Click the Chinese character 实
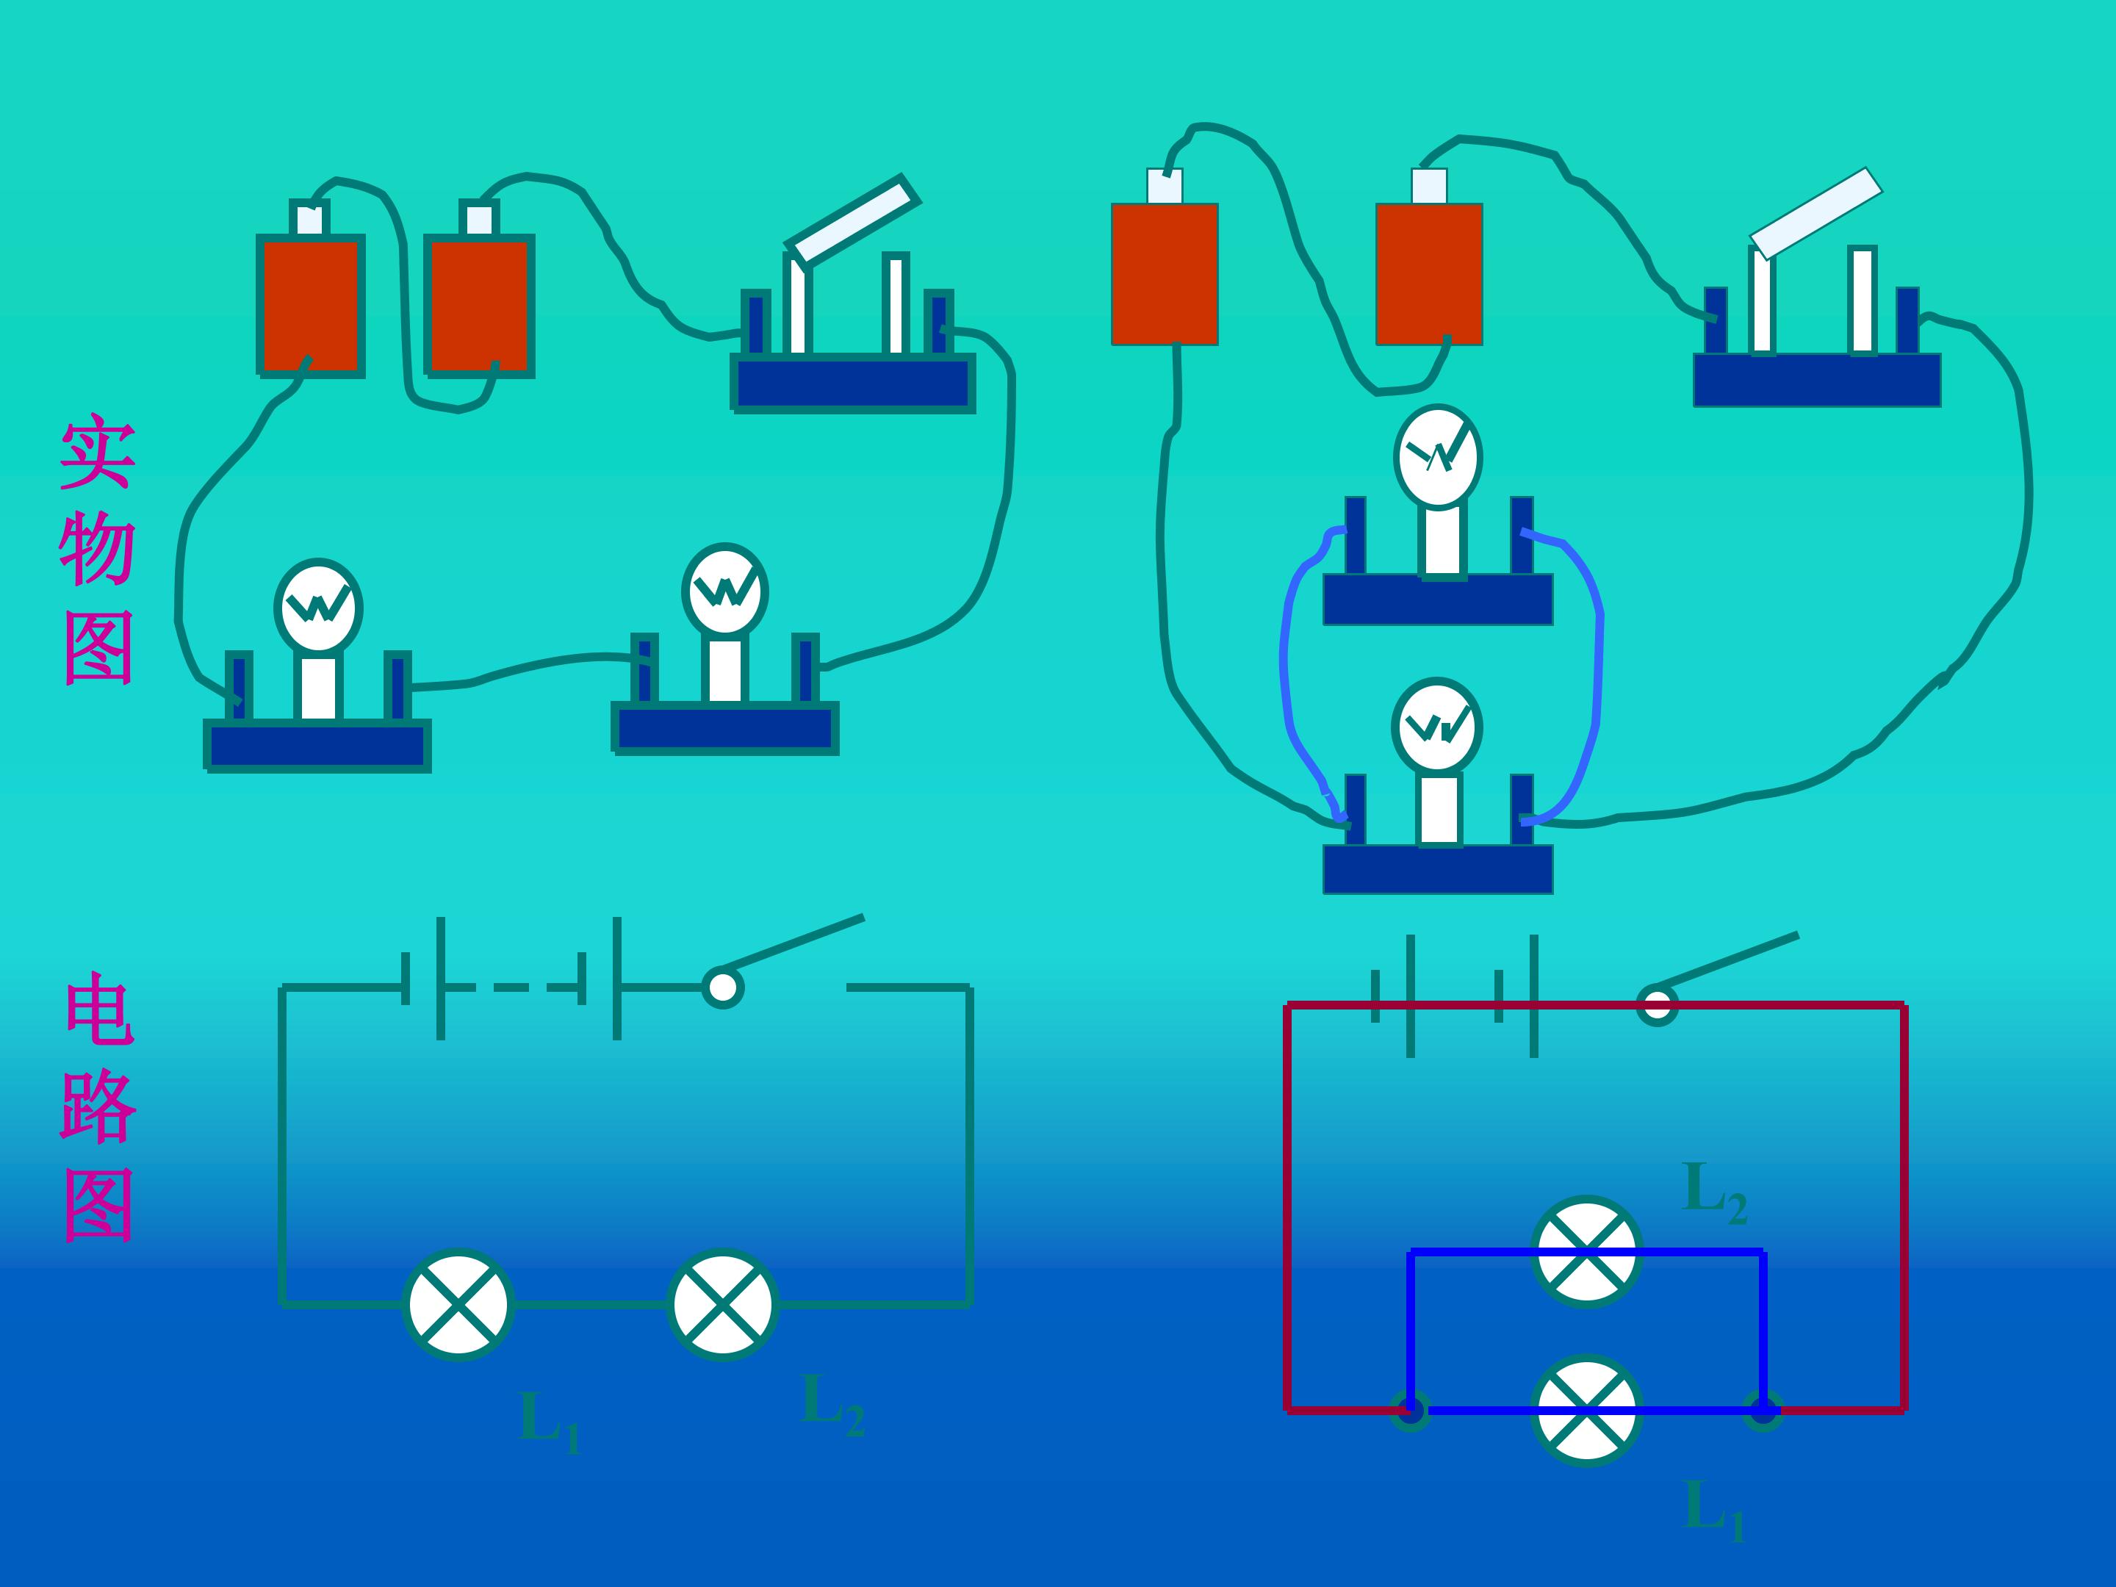coord(97,453)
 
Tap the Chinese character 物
coord(97,548)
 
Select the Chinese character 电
coord(98,1010)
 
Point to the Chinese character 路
coord(98,1106)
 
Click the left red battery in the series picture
coord(311,305)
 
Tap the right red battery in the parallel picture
coord(1429,273)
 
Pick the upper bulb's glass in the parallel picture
coord(1438,456)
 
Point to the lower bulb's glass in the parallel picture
coord(1437,728)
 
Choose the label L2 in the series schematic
coord(833,1403)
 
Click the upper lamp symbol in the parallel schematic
coord(1587,1251)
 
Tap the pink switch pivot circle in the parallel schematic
coord(1657,1004)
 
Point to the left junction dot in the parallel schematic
coord(1410,1409)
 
